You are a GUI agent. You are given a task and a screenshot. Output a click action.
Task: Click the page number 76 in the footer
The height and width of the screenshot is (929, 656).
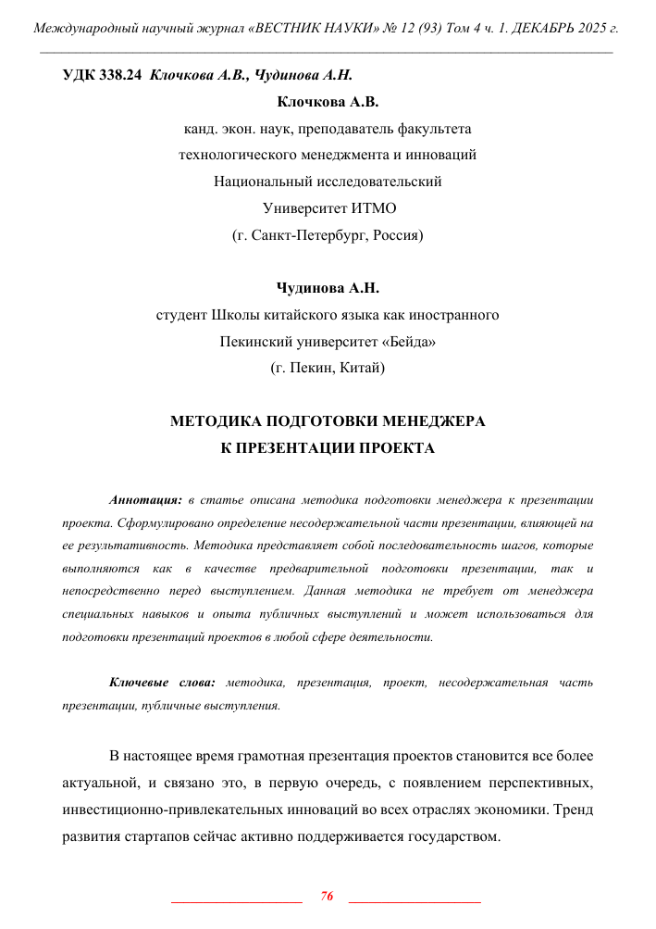327,896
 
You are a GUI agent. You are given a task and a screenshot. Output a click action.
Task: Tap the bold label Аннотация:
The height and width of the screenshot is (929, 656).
145,499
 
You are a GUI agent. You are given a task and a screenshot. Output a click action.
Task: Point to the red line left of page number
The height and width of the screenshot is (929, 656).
238,900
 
